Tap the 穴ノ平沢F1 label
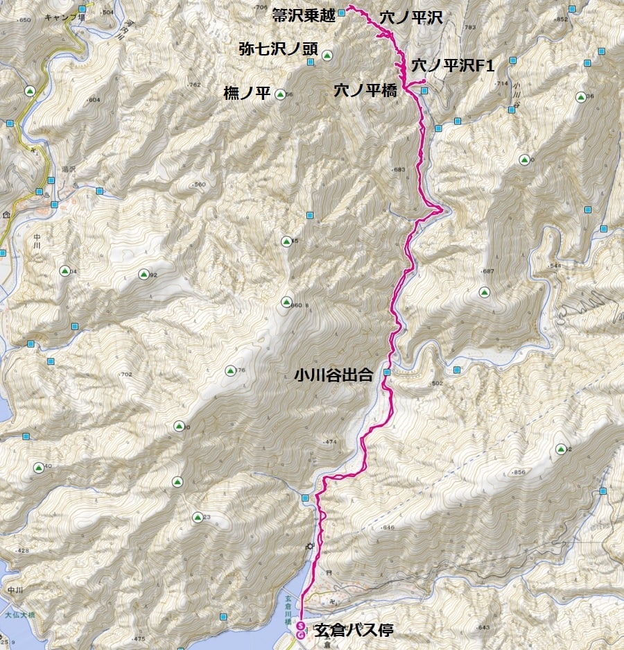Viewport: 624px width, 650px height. (x=452, y=66)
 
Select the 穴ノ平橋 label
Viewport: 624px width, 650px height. (x=365, y=89)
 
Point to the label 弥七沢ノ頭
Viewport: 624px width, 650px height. (x=277, y=49)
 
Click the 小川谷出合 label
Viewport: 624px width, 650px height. (x=333, y=375)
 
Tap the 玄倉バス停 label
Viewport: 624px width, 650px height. (x=354, y=631)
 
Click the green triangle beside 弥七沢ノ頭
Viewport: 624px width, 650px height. (x=327, y=55)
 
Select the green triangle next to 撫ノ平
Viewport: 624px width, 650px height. (x=280, y=94)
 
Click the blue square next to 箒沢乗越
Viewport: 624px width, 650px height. (x=341, y=12)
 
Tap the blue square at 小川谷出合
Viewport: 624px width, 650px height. (x=386, y=373)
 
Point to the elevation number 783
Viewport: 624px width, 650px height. (x=470, y=28)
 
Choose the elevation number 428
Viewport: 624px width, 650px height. (x=22, y=551)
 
